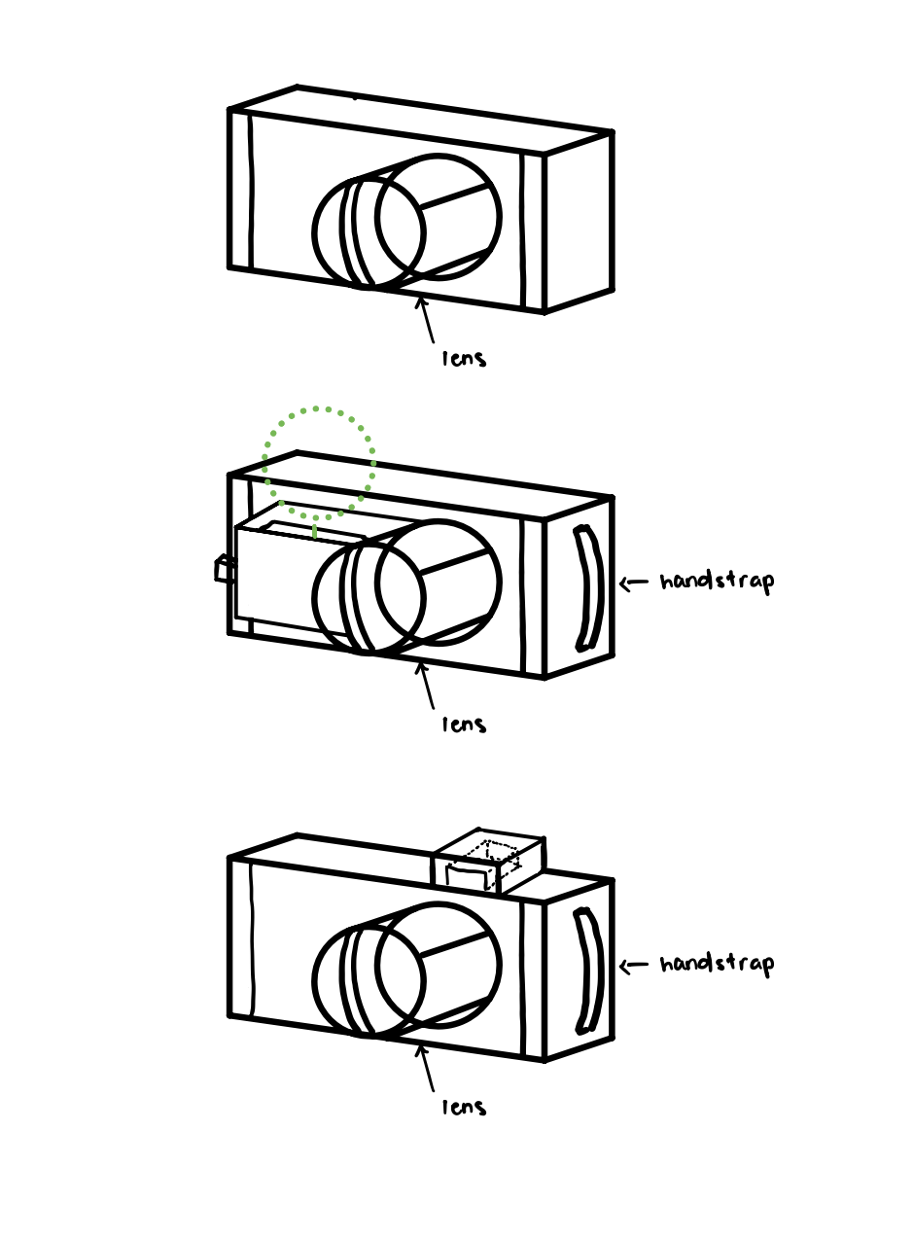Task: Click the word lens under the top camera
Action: click(464, 358)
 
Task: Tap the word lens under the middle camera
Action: click(464, 724)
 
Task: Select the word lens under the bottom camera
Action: click(464, 1107)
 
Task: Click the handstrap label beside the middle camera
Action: click(717, 583)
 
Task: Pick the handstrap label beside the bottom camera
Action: click(717, 965)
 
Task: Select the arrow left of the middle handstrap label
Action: click(634, 583)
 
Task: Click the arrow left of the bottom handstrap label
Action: click(634, 966)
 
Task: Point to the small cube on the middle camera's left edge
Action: click(225, 569)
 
